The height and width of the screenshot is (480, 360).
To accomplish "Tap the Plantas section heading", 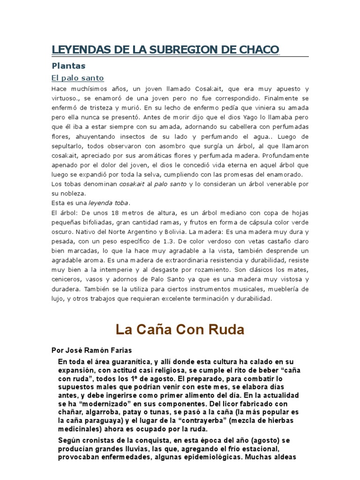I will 68,66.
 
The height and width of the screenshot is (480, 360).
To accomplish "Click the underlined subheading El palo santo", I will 77,78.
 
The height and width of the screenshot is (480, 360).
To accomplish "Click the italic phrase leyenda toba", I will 108,203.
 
